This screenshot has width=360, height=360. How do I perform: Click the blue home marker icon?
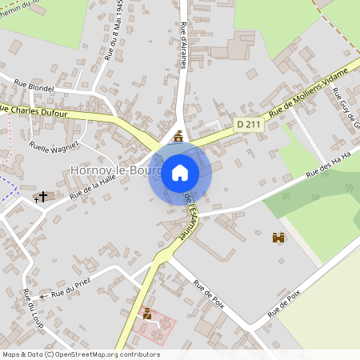(x=180, y=172)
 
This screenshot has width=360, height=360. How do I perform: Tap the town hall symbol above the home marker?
(x=178, y=136)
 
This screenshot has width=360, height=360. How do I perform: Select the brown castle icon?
(x=278, y=238)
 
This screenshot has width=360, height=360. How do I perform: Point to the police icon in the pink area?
(x=147, y=314)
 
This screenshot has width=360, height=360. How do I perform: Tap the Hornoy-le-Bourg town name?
(x=116, y=170)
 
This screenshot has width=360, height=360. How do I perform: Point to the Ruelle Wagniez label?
(x=54, y=147)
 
